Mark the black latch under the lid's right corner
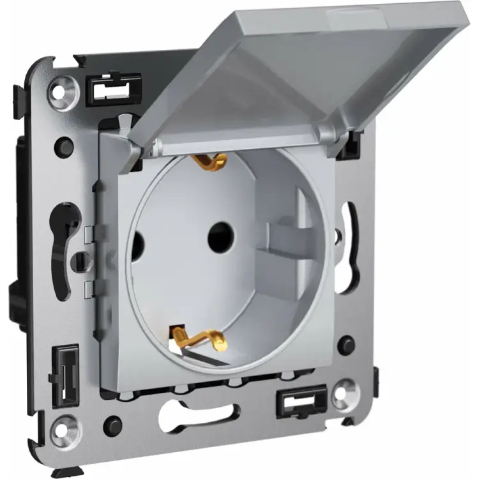(x=348, y=149)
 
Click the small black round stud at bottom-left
(x=114, y=422)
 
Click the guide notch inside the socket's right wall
(x=281, y=236)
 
